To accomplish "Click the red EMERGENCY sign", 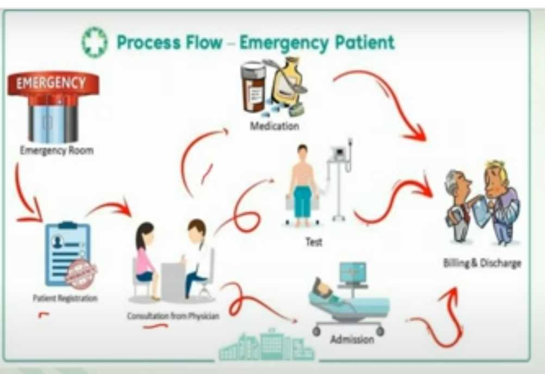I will [53, 83].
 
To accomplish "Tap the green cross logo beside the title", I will [95, 43].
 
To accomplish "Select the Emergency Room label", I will [57, 151].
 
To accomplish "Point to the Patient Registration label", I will [65, 298].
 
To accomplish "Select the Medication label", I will [274, 126].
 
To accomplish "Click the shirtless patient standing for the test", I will [302, 182].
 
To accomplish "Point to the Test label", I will [314, 242].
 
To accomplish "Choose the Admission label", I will [352, 340].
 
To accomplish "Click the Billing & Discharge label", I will [482, 263].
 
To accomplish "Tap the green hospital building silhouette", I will [266, 346].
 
